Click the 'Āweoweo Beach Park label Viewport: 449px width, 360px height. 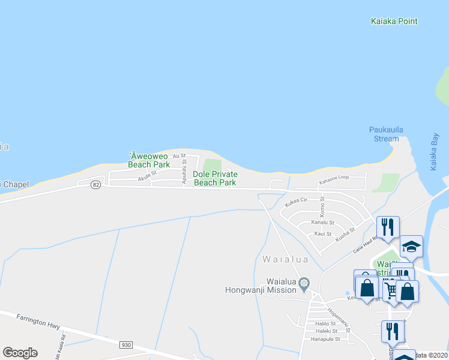(x=149, y=160)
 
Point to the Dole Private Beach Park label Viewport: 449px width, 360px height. (x=215, y=178)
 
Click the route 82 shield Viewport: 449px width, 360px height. (x=95, y=185)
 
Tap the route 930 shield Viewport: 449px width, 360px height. (x=125, y=345)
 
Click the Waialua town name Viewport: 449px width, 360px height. (x=286, y=260)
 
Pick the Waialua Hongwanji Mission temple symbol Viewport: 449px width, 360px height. (x=304, y=283)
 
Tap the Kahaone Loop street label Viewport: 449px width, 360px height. (x=334, y=178)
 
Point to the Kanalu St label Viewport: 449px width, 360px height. (x=322, y=222)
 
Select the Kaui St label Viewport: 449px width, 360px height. (x=324, y=233)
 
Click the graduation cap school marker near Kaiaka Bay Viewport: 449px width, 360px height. (x=411, y=247)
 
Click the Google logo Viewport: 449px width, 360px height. (x=20, y=353)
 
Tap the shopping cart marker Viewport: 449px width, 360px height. (x=391, y=291)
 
